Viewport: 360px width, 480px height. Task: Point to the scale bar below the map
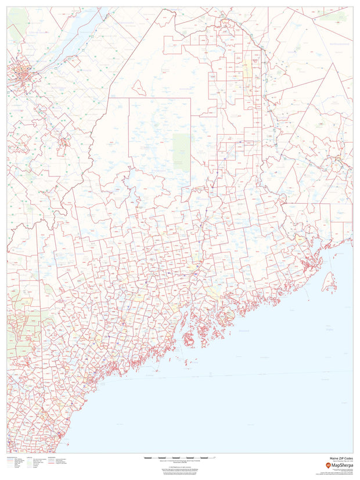tap(179, 458)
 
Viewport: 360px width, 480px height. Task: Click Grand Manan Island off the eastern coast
tap(329, 283)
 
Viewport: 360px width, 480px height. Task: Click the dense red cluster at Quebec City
tap(19, 74)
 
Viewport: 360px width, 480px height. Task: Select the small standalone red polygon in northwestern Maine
tap(139, 88)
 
